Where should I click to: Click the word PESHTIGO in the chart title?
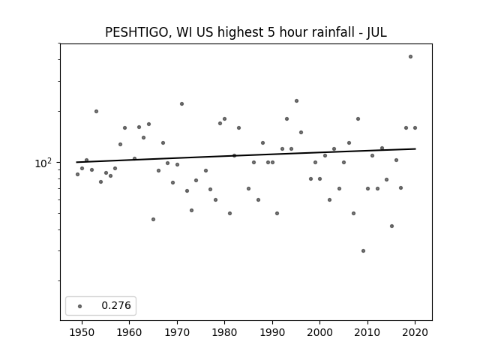click(x=136, y=32)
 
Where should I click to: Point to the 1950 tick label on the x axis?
click(x=82, y=332)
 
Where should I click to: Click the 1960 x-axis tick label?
click(x=130, y=332)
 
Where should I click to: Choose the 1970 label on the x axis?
click(x=177, y=332)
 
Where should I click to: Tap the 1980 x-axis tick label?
click(x=225, y=332)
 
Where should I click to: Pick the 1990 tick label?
click(x=272, y=332)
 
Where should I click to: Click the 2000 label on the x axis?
click(x=320, y=332)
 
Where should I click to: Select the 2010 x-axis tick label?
click(x=367, y=332)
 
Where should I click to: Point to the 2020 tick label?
click(x=415, y=332)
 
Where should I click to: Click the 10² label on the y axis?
click(x=43, y=163)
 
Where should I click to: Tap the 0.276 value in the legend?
click(x=116, y=305)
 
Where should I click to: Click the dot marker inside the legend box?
click(x=80, y=306)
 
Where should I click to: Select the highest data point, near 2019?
click(x=410, y=57)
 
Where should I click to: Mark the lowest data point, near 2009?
click(x=363, y=250)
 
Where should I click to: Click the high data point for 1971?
click(x=181, y=103)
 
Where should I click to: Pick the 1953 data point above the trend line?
click(x=97, y=112)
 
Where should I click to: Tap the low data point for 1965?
click(x=153, y=219)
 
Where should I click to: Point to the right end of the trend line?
click(x=415, y=148)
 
